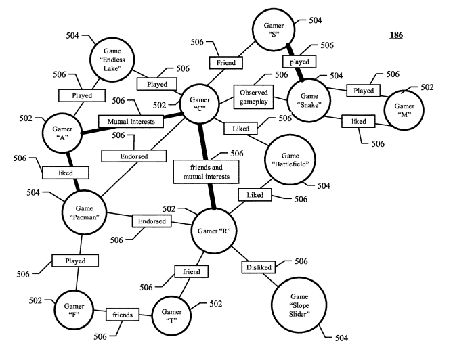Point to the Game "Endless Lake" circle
(x=114, y=54)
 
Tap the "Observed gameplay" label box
(x=253, y=94)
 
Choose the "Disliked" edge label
(x=258, y=267)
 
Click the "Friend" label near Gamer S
(x=225, y=62)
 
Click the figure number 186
(x=394, y=35)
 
